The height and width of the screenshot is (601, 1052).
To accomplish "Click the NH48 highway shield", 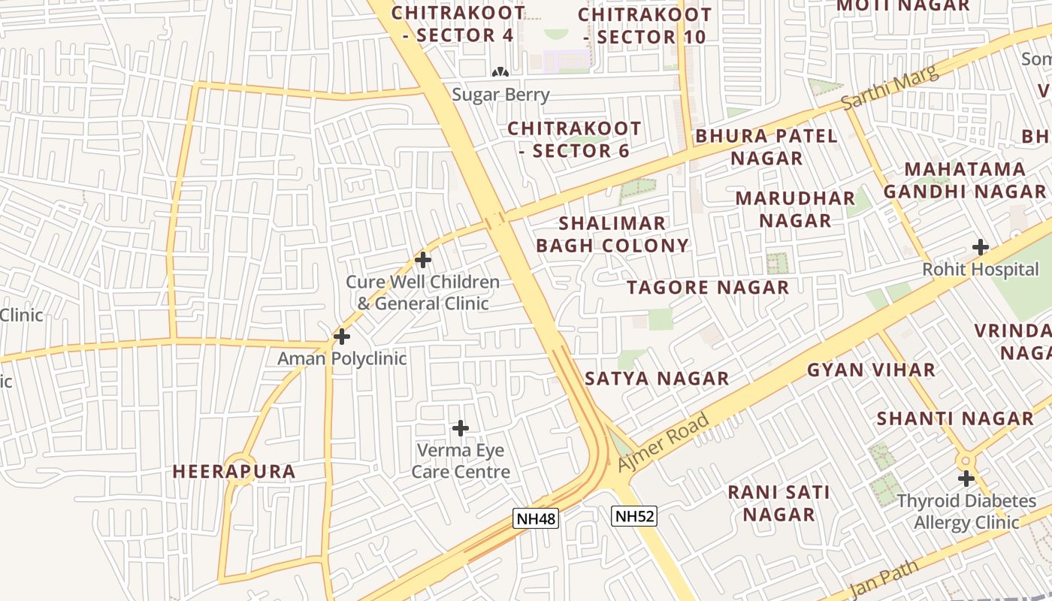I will (x=537, y=518).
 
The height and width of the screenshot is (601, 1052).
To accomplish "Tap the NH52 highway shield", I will (x=633, y=516).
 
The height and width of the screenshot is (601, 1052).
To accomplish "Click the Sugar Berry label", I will (x=501, y=95).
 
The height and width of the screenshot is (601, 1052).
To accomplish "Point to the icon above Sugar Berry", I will (x=500, y=72).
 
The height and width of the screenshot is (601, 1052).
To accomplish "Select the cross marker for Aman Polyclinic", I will (x=342, y=336).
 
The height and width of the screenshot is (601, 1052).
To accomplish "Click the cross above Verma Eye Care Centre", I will (x=461, y=428).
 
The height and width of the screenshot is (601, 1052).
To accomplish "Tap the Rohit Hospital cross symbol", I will (x=981, y=246).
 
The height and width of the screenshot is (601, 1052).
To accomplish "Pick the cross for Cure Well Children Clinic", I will (x=423, y=260).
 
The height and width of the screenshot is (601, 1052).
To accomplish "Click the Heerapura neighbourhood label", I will (x=234, y=471).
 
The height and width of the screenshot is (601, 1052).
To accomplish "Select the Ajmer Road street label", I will (x=664, y=443).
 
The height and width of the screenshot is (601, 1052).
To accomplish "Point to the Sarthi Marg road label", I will (x=890, y=88).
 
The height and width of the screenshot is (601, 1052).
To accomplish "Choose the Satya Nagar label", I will (x=657, y=378).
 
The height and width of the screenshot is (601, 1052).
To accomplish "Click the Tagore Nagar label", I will (x=708, y=287).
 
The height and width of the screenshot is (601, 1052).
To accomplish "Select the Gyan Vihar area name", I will (x=871, y=370).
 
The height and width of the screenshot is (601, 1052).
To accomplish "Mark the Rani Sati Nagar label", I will (x=779, y=503).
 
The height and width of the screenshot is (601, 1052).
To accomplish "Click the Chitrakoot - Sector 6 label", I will (x=574, y=139).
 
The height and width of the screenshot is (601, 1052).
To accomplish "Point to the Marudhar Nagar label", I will (x=795, y=209).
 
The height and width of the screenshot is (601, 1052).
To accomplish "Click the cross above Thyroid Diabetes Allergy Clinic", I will (x=966, y=478).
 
